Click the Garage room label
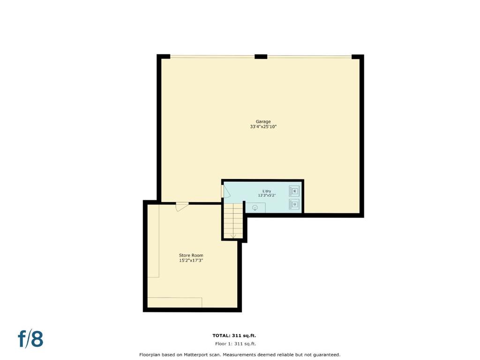point(263,121)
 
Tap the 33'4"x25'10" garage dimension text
point(263,127)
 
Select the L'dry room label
point(267,191)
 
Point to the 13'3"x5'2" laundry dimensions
point(267,195)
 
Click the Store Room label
point(191,255)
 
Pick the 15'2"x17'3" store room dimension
point(191,261)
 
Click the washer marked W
point(294,191)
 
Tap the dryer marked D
point(294,204)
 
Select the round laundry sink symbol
point(255,208)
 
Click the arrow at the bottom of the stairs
point(233,236)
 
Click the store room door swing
point(182,207)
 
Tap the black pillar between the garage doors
point(261,57)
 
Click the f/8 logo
point(30,338)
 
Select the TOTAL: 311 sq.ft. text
point(234,336)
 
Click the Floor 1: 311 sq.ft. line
point(235,344)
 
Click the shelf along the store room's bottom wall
point(175,302)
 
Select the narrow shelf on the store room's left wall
point(153,241)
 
